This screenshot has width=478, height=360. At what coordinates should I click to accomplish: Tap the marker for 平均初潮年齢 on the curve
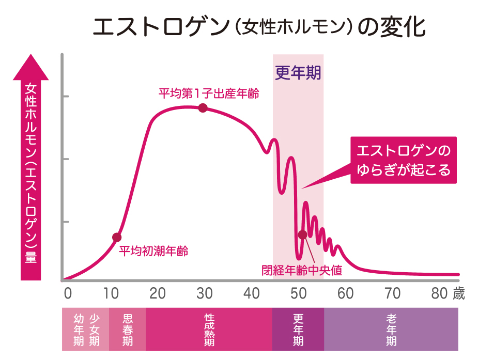[117, 237]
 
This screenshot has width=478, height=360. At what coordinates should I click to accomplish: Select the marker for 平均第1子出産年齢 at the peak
[203, 107]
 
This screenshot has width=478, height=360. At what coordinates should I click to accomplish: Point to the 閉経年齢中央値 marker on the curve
[303, 234]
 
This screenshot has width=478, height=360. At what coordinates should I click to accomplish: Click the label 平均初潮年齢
[153, 252]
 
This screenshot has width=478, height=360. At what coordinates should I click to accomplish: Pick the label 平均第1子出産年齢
[208, 94]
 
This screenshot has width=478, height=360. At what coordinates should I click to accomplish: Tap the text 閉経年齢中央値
[302, 269]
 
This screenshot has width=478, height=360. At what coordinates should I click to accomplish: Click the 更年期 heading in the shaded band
[298, 73]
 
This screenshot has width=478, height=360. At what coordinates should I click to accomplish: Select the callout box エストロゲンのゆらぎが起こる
[404, 160]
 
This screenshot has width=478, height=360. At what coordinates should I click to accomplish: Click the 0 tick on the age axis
[67, 293]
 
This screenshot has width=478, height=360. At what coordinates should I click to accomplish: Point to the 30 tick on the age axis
[204, 293]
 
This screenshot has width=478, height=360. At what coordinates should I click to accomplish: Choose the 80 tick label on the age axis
[439, 293]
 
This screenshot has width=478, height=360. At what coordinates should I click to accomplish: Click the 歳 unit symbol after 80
[458, 293]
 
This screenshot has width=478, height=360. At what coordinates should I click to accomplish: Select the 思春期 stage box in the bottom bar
[127, 329]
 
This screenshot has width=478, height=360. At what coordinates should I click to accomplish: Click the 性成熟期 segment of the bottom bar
[209, 329]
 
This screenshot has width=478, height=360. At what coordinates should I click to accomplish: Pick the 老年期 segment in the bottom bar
[391, 329]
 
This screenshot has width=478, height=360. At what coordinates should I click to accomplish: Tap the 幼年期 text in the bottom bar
[79, 329]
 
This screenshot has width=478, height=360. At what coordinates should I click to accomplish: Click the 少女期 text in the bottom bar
[95, 329]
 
